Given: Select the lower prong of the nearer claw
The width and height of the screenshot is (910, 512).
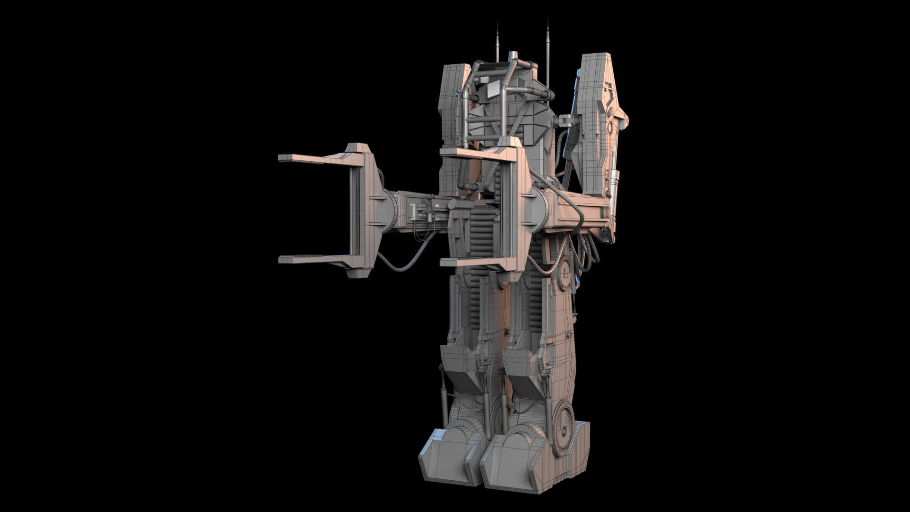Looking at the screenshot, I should pos(469,262).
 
